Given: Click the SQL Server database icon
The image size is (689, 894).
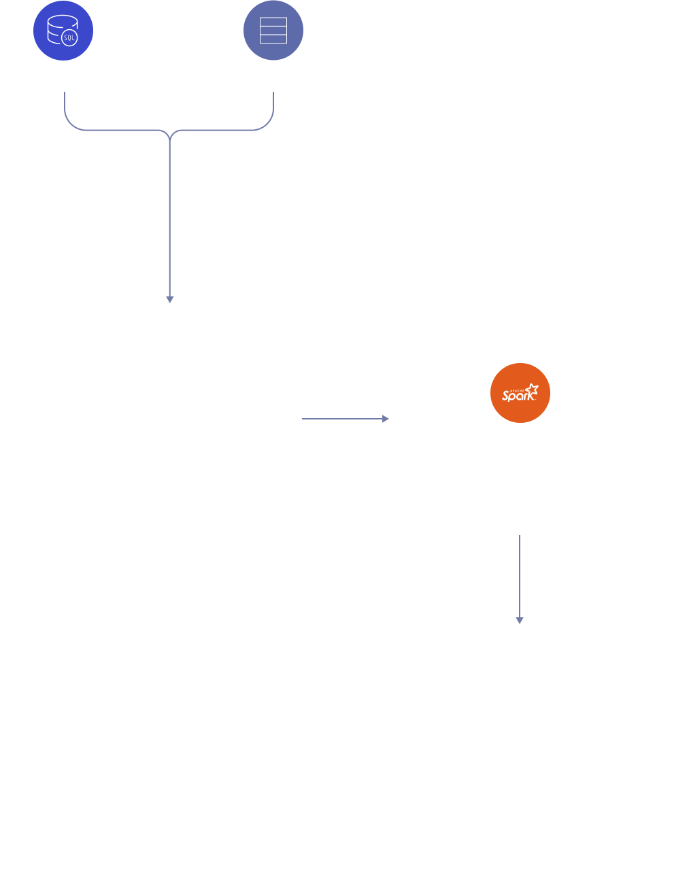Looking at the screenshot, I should tap(63, 31).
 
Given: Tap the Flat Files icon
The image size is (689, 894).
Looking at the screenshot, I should tap(273, 31).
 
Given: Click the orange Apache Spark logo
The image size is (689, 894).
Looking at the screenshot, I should tap(520, 393).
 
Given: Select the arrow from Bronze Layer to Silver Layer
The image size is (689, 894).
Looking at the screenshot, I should tap(345, 419).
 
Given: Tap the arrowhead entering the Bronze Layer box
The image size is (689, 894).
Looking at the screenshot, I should tap(170, 298).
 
